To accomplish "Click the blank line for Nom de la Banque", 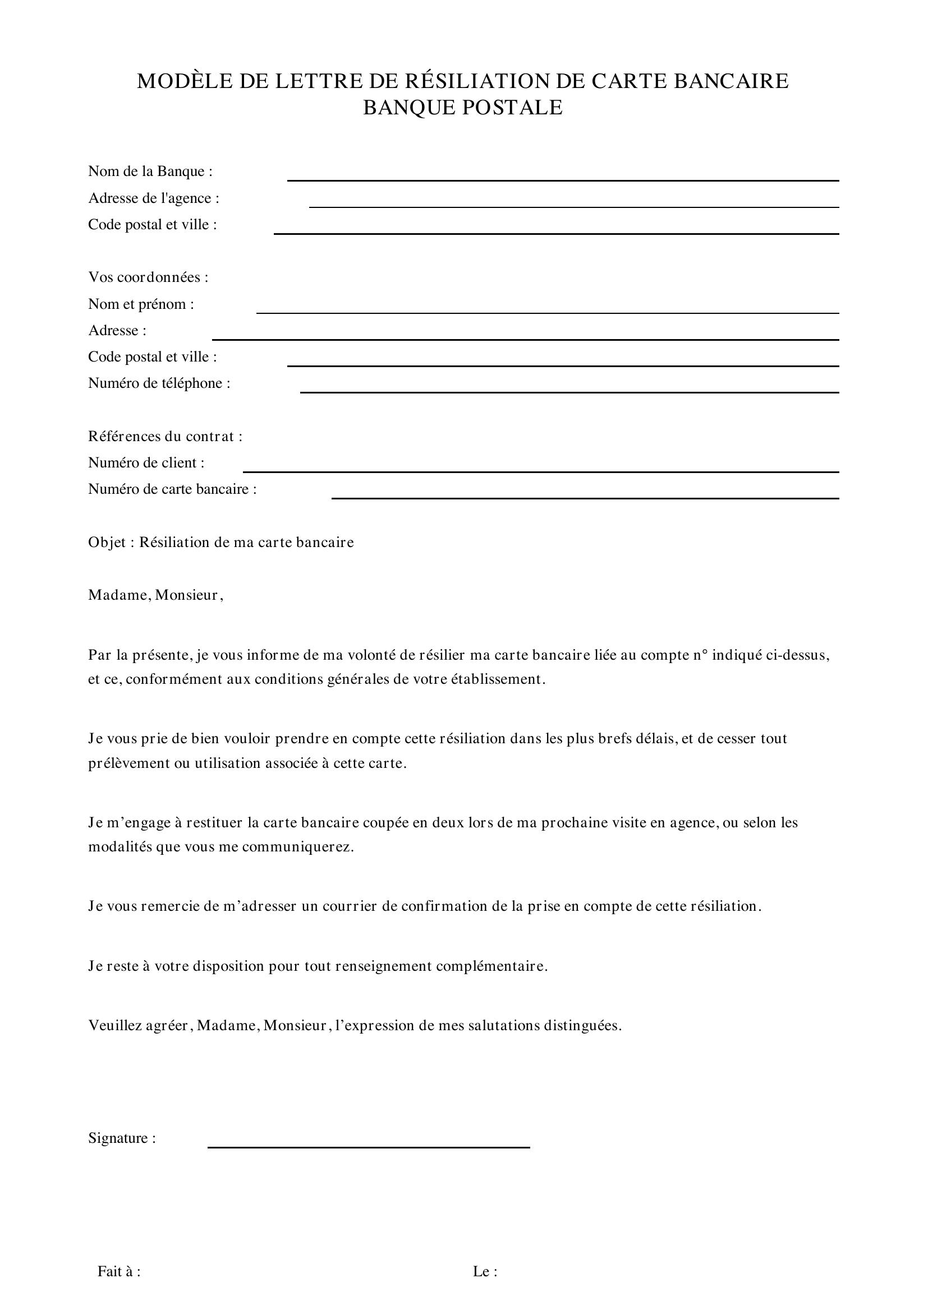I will (562, 180).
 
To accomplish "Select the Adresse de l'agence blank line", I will (574, 206).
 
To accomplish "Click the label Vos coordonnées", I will (148, 277).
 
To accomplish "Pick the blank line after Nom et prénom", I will (548, 312).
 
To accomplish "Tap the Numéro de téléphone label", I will (159, 383).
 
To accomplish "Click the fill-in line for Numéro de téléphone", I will (569, 392).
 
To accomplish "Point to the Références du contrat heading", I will (165, 437).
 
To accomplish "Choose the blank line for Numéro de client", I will (540, 471).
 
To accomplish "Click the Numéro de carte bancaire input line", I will (585, 498).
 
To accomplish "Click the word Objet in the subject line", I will (106, 543).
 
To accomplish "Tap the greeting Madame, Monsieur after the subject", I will (155, 596).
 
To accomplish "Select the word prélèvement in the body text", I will (129, 763).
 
